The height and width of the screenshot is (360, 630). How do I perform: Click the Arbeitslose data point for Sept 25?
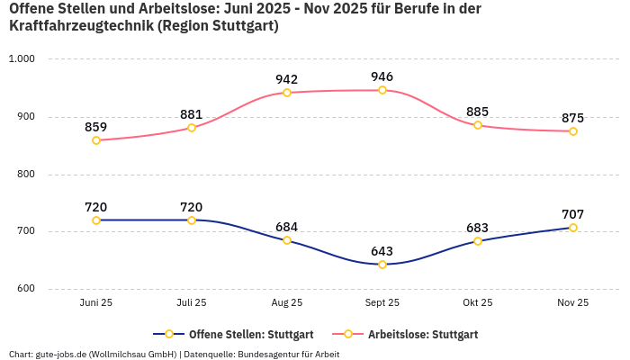[x=382, y=90]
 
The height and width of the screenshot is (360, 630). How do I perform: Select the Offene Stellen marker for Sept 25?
[x=382, y=265]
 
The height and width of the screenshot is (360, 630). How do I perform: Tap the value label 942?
[x=287, y=79]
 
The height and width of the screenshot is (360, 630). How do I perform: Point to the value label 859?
[x=96, y=127]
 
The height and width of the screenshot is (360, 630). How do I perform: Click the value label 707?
[x=572, y=214]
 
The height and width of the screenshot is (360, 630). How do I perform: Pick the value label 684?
[x=287, y=227]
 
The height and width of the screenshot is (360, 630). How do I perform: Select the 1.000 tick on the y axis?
[x=21, y=58]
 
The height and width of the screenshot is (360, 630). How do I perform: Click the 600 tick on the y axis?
[x=24, y=289]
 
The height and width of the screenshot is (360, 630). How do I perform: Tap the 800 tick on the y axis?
[x=24, y=174]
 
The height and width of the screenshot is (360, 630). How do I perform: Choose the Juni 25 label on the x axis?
[x=96, y=303]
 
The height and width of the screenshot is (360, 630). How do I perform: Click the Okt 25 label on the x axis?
[x=478, y=303]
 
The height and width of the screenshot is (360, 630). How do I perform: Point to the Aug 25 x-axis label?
[x=287, y=303]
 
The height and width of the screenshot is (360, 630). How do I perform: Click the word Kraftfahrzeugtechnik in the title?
[x=80, y=26]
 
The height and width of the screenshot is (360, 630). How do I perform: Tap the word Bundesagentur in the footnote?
[x=269, y=354]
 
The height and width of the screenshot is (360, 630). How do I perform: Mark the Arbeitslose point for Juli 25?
[x=192, y=128]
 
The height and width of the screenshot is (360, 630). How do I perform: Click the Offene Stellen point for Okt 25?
[x=478, y=241]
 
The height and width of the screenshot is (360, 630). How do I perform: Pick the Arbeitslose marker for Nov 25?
[x=573, y=131]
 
